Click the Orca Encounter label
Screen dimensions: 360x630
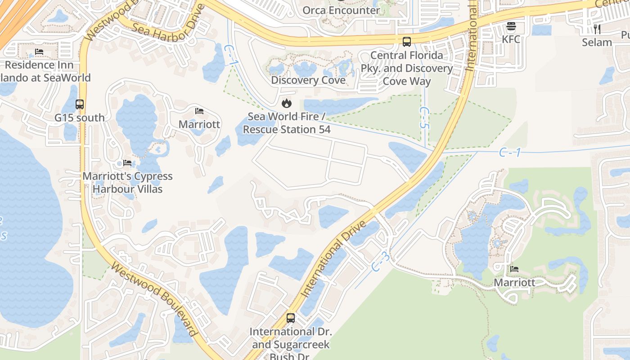[x=341, y=10]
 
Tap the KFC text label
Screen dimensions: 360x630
[x=511, y=39]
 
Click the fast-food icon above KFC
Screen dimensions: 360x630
[x=511, y=26]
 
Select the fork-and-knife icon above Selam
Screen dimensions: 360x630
[x=597, y=29]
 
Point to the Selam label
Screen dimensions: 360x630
[x=597, y=42]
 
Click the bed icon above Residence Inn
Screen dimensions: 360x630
[x=39, y=52]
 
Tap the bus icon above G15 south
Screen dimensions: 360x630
[x=80, y=104]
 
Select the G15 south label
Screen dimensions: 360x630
[x=80, y=118]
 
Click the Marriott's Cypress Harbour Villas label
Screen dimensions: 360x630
[x=127, y=182]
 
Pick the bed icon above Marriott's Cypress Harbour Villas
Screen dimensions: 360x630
[x=127, y=162]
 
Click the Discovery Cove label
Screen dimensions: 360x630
[x=308, y=80]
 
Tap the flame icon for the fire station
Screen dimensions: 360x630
[x=286, y=103]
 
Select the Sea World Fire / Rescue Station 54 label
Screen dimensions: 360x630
[x=287, y=123]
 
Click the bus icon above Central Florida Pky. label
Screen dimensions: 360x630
[x=407, y=42]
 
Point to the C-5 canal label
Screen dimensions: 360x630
[x=424, y=118]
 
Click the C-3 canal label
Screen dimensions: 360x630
[x=381, y=261]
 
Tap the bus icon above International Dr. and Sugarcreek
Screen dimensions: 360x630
[x=291, y=318]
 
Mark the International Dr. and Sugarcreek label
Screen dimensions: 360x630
[x=291, y=338]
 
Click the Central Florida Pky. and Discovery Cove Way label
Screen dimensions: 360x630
[x=407, y=68]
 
